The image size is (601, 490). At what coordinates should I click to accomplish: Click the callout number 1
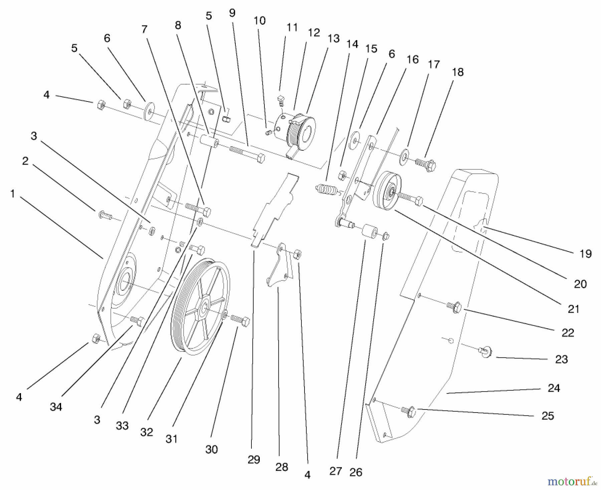pos(12,194)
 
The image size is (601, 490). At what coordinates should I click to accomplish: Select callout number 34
pos(56,407)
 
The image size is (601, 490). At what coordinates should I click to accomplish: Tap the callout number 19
pos(585,254)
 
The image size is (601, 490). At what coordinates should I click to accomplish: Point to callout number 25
pos(548,416)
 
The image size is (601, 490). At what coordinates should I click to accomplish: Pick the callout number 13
pos(333,38)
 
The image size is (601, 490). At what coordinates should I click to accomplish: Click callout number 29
pos(254,460)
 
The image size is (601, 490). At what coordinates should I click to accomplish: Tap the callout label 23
pos(561,359)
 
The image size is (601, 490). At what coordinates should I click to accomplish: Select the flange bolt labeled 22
pos(454,306)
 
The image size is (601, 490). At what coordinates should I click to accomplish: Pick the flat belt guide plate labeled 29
pos(274,207)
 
